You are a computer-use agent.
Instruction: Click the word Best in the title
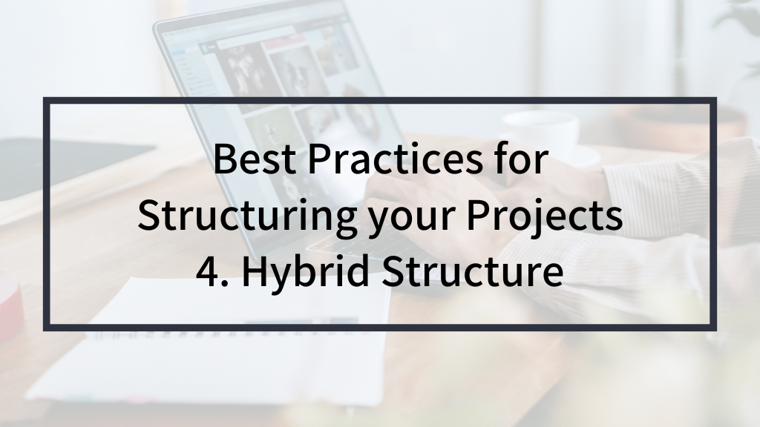click(x=255, y=159)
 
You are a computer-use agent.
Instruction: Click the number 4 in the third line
click(x=208, y=271)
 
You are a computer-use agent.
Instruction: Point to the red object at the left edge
click(x=10, y=300)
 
